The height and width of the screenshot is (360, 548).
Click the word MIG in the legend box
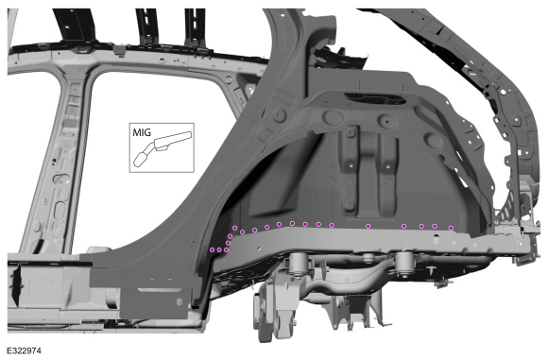(x=142, y=133)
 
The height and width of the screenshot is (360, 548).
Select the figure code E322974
(x=25, y=351)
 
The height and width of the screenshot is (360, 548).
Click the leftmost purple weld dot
(x=212, y=249)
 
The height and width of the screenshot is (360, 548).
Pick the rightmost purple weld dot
(x=451, y=228)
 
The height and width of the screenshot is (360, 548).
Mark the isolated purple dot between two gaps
(x=368, y=226)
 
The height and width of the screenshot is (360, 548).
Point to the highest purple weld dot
(x=292, y=223)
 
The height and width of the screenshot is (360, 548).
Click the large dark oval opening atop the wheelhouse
(x=375, y=98)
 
